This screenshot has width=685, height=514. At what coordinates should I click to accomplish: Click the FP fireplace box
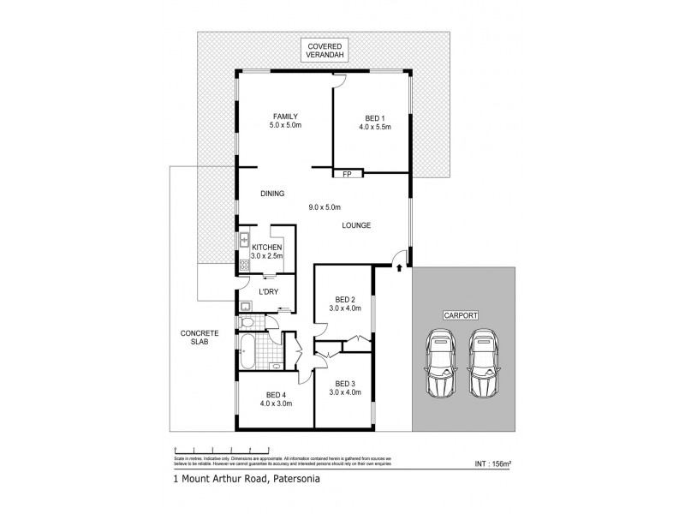(x=348, y=174)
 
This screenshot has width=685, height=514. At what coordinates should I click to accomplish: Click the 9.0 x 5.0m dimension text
(x=325, y=206)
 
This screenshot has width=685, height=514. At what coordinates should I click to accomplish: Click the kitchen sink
(x=244, y=241)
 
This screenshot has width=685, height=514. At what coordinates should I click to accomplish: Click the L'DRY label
(x=268, y=292)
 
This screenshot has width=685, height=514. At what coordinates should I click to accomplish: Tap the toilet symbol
(x=247, y=323)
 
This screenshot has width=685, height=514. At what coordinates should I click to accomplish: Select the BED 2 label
(x=342, y=302)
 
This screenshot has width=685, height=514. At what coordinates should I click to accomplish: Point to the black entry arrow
(x=399, y=269)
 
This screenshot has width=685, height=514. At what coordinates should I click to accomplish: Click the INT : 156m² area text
(x=492, y=465)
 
